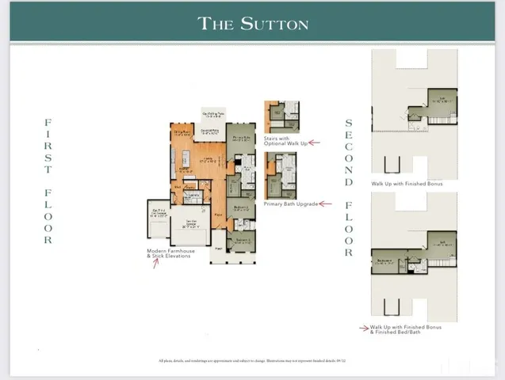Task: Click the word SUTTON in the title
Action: pyautogui.click(x=274, y=23)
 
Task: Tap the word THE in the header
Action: pyautogui.click(x=216, y=23)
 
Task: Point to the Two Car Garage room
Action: pyautogui.click(x=190, y=226)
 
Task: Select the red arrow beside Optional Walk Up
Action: pyautogui.click(x=313, y=142)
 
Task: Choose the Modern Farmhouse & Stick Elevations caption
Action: pyautogui.click(x=169, y=253)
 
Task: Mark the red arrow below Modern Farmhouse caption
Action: pyautogui.click(x=156, y=263)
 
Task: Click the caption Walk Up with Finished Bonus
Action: pyautogui.click(x=407, y=184)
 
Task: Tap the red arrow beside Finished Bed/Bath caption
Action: pyautogui.click(x=364, y=327)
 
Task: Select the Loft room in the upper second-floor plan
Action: pyautogui.click(x=442, y=101)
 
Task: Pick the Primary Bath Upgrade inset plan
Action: pyautogui.click(x=282, y=176)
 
